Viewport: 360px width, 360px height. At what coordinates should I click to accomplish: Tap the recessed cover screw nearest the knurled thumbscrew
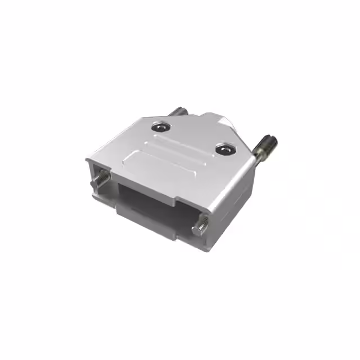pos(226,150)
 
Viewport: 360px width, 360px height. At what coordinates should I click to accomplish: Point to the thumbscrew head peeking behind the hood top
pos(179,113)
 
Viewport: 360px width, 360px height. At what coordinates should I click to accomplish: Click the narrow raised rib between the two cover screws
pos(186,143)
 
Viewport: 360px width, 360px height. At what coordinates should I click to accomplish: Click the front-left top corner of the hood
pos(89,160)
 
